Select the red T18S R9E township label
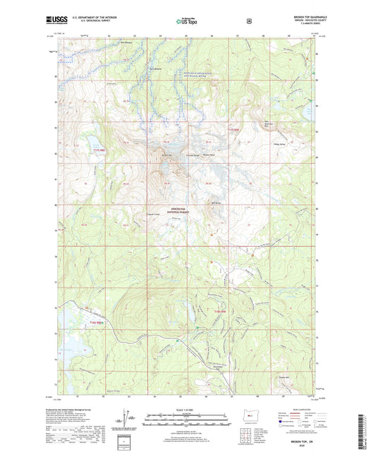(x=219, y=312)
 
